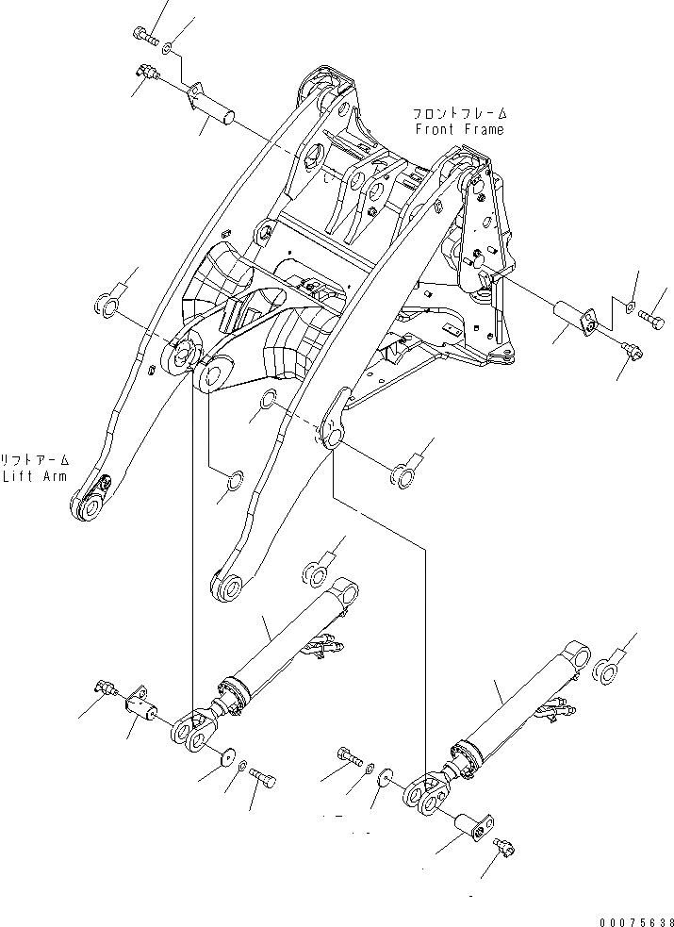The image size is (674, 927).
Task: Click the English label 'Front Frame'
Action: [458, 129]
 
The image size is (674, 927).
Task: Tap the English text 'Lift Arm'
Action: [35, 476]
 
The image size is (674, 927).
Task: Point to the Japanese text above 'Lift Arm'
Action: [36, 460]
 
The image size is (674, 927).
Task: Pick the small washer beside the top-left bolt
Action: [167, 47]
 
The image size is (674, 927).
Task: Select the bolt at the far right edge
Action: [650, 323]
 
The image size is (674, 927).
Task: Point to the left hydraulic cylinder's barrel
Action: [283, 641]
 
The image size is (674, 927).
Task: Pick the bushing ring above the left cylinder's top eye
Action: [312, 571]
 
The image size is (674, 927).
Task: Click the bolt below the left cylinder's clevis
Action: [268, 780]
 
